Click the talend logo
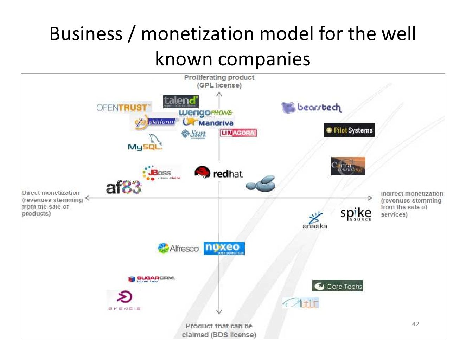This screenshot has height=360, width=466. (180, 102)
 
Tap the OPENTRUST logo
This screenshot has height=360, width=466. (123, 108)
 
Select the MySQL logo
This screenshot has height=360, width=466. (145, 143)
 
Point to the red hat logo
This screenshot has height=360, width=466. (218, 173)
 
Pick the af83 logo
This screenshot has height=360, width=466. (123, 187)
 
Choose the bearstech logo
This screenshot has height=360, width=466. (311, 107)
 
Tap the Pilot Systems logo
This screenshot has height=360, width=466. (349, 130)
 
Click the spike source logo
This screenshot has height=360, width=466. (356, 214)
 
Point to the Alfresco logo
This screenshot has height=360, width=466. (178, 248)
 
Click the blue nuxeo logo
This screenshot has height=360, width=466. (224, 248)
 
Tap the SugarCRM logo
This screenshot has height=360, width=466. (151, 279)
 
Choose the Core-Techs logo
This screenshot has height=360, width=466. (338, 286)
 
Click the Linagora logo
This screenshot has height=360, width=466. (238, 133)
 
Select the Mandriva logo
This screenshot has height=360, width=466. (209, 122)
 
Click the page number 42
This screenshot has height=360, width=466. (415, 324)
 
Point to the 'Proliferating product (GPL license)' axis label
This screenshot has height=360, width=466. (219, 81)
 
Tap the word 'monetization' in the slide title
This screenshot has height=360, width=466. (197, 34)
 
